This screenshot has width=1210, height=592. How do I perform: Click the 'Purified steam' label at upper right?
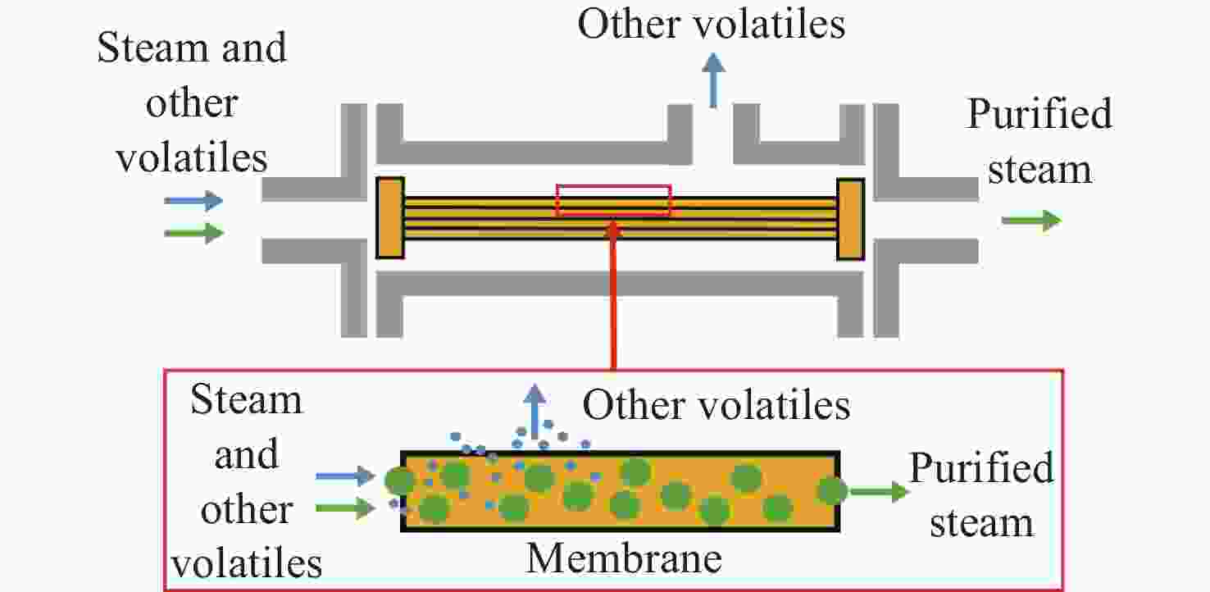click(1039, 141)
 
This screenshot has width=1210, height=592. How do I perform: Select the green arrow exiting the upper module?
click(1031, 220)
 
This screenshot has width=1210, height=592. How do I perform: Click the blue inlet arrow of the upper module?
click(193, 200)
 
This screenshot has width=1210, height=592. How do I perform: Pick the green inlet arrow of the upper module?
click(193, 234)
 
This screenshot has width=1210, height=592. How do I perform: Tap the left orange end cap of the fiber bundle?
click(390, 217)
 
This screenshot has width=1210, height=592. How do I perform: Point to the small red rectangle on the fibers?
click(613, 200)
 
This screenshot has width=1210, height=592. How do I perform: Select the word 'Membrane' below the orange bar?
click(623, 558)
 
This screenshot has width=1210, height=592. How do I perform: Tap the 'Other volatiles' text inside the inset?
click(716, 405)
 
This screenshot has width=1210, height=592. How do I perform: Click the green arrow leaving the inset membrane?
click(878, 492)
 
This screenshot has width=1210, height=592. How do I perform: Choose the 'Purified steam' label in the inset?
click(981, 495)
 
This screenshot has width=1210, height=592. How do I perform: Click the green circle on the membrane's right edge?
click(832, 491)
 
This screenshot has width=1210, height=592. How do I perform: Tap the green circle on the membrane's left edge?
click(400, 480)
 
